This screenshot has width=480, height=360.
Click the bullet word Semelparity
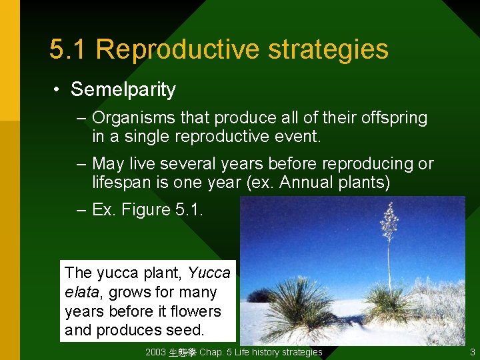123,89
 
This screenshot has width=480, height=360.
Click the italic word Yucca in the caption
209,273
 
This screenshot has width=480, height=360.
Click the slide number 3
472,352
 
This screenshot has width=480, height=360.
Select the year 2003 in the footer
156,352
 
